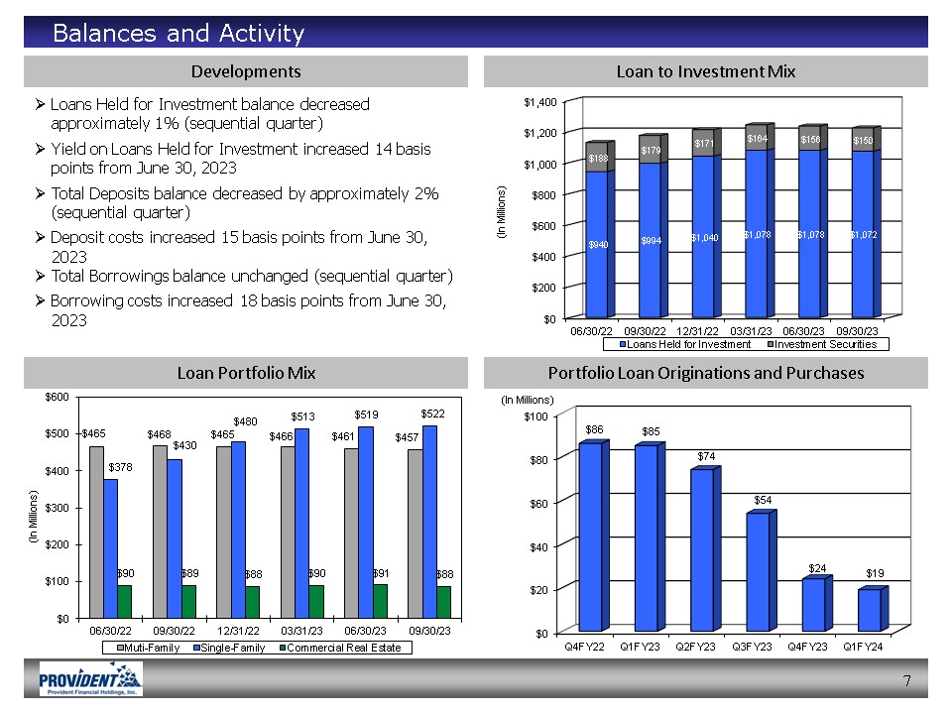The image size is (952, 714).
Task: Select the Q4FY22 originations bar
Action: click(590, 536)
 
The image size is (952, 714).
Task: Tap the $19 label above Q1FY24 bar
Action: click(875, 573)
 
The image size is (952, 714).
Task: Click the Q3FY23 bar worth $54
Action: click(758, 571)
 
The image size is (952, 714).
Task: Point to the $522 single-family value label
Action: click(431, 412)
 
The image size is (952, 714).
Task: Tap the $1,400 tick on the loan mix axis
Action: click(540, 102)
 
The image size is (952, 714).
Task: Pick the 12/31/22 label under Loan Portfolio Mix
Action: click(238, 630)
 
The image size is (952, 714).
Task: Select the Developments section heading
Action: click(246, 71)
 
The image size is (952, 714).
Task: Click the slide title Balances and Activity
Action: click(178, 34)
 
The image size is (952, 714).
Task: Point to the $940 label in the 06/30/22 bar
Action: click(597, 244)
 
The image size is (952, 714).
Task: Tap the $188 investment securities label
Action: click(597, 157)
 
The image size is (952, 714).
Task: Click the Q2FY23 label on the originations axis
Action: click(695, 647)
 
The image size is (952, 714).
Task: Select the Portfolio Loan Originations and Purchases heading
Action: click(706, 373)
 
